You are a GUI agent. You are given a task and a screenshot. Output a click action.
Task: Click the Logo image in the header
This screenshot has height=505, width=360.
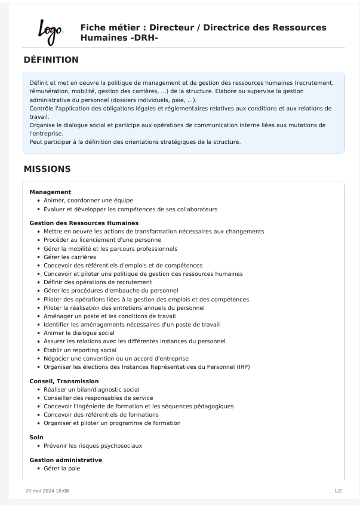pyautogui.click(x=51, y=32)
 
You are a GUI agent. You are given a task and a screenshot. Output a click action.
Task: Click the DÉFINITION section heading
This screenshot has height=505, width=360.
pyautogui.click(x=51, y=60)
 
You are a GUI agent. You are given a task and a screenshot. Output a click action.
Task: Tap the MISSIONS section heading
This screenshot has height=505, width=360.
pyautogui.click(x=47, y=169)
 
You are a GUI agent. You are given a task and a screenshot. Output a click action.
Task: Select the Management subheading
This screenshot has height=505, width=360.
pyautogui.click(x=50, y=192)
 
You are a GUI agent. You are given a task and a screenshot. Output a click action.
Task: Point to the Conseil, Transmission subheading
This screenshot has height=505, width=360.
pyautogui.click(x=64, y=381)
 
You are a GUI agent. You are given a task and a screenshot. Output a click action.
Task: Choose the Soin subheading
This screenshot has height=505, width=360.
pyautogui.click(x=36, y=438)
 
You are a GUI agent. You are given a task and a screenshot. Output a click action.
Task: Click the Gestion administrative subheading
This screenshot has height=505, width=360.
pyautogui.click(x=66, y=460)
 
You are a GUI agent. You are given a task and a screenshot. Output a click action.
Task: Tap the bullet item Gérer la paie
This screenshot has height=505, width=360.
pyautogui.click(x=61, y=469)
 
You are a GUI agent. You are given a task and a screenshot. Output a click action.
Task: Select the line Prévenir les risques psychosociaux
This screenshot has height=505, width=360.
pyautogui.click(x=93, y=445)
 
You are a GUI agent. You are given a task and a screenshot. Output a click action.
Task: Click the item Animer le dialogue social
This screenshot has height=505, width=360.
pyautogui.click(x=79, y=332)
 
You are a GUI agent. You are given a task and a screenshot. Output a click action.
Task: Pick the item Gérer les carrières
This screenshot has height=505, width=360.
pyautogui.click(x=69, y=257)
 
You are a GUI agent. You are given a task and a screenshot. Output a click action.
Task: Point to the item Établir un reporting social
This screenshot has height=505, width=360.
pyautogui.click(x=80, y=350)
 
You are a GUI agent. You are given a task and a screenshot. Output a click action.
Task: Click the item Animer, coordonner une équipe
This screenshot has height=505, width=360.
pyautogui.click(x=88, y=201)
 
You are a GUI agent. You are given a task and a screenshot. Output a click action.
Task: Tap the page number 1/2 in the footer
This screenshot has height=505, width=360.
pyautogui.click(x=338, y=491)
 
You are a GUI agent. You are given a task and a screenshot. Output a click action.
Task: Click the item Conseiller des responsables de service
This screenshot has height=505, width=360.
pyautogui.click(x=98, y=398)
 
